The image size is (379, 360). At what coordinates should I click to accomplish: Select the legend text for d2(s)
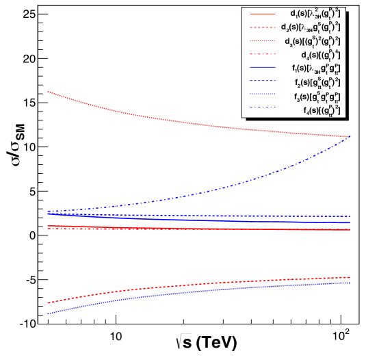click(310, 27)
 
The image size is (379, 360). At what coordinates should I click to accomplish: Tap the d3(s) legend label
click(312, 41)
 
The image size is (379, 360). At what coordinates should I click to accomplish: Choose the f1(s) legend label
click(315, 68)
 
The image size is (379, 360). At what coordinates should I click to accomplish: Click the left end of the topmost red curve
click(47, 91)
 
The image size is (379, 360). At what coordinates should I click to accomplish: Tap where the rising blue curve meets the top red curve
click(349, 136)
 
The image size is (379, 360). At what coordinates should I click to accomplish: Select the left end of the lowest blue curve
click(47, 314)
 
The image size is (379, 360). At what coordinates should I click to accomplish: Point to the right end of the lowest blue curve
click(350, 283)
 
